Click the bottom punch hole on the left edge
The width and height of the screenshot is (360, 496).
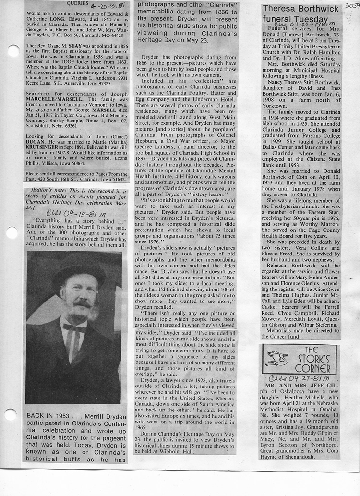click(10, 414)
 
